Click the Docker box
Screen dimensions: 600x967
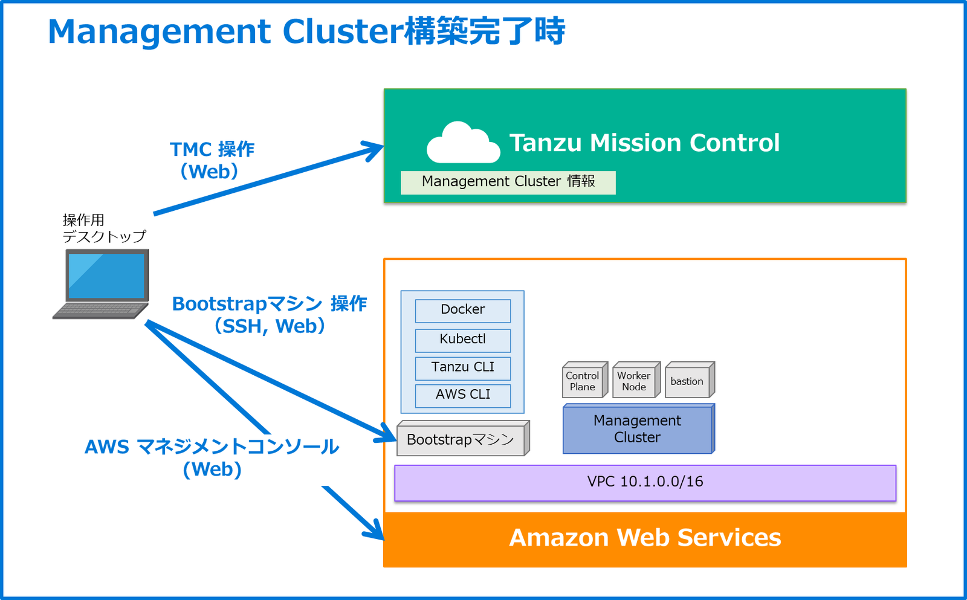click(462, 311)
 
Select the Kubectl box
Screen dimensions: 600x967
click(462, 340)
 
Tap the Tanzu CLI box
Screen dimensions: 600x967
click(462, 367)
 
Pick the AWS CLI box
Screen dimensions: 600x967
click(462, 395)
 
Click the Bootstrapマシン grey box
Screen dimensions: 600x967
click(461, 440)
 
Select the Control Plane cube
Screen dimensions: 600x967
click(583, 381)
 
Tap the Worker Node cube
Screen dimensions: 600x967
click(634, 381)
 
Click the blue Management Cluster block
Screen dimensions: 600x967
click(638, 430)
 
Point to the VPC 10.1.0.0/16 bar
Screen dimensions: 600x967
click(645, 482)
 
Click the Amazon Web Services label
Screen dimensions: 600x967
click(645, 538)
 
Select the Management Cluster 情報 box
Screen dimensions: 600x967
click(508, 182)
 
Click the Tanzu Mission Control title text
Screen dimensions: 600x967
click(644, 143)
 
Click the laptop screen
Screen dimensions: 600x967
click(107, 276)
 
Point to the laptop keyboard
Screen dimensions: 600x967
click(100, 309)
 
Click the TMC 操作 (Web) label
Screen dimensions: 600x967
click(212, 160)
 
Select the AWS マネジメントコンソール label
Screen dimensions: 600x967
click(212, 447)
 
